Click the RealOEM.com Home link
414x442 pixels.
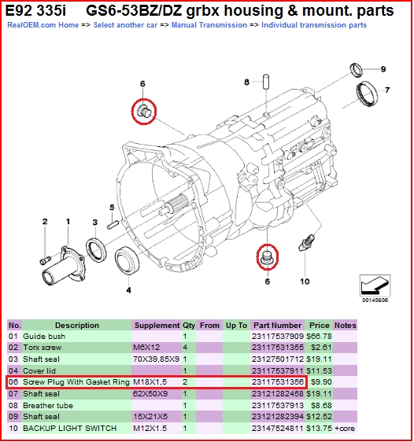tap(43, 25)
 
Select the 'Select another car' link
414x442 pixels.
tap(125, 25)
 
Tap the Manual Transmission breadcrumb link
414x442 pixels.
tap(209, 25)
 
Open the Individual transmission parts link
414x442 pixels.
tap(314, 25)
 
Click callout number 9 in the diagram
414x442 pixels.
tap(383, 69)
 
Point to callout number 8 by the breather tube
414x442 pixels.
tap(247, 82)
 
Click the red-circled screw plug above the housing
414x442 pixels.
tap(144, 112)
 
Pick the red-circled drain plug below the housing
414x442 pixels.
tap(267, 257)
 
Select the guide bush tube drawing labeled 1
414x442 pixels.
tap(63, 267)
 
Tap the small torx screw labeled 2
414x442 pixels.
tap(45, 260)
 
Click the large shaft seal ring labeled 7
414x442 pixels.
tap(367, 94)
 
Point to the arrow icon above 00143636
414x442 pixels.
tap(375, 285)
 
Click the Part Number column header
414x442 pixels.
tap(278, 326)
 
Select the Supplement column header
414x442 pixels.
tap(157, 326)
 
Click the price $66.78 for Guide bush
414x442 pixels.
tap(319, 337)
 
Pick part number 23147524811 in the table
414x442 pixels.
tap(278, 429)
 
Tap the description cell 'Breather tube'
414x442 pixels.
tap(48, 406)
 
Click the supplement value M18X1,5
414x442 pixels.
tap(150, 382)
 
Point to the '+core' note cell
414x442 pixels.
tap(344, 429)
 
